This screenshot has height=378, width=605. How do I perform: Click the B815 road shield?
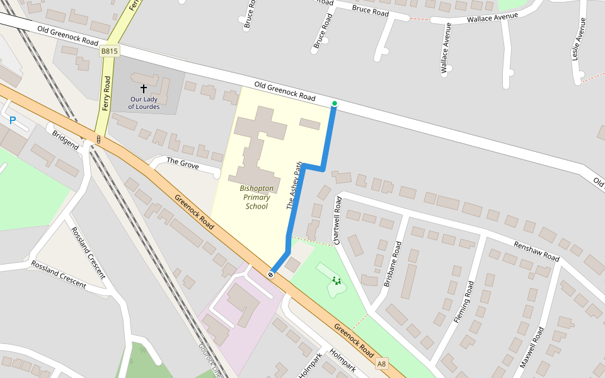click(109, 51)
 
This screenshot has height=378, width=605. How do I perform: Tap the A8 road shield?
click(382, 364)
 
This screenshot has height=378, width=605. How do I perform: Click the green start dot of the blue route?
click(335, 103)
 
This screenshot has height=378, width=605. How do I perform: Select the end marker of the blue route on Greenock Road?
click(271, 274)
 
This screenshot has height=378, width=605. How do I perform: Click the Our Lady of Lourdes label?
click(144, 103)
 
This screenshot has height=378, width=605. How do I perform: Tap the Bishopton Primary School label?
click(256, 197)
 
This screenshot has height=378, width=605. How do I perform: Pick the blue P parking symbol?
click(12, 120)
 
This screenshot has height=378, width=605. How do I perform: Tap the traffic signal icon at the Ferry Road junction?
click(98, 139)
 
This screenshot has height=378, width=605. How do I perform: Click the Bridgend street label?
click(66, 140)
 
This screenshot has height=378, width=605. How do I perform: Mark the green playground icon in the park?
click(337, 281)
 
